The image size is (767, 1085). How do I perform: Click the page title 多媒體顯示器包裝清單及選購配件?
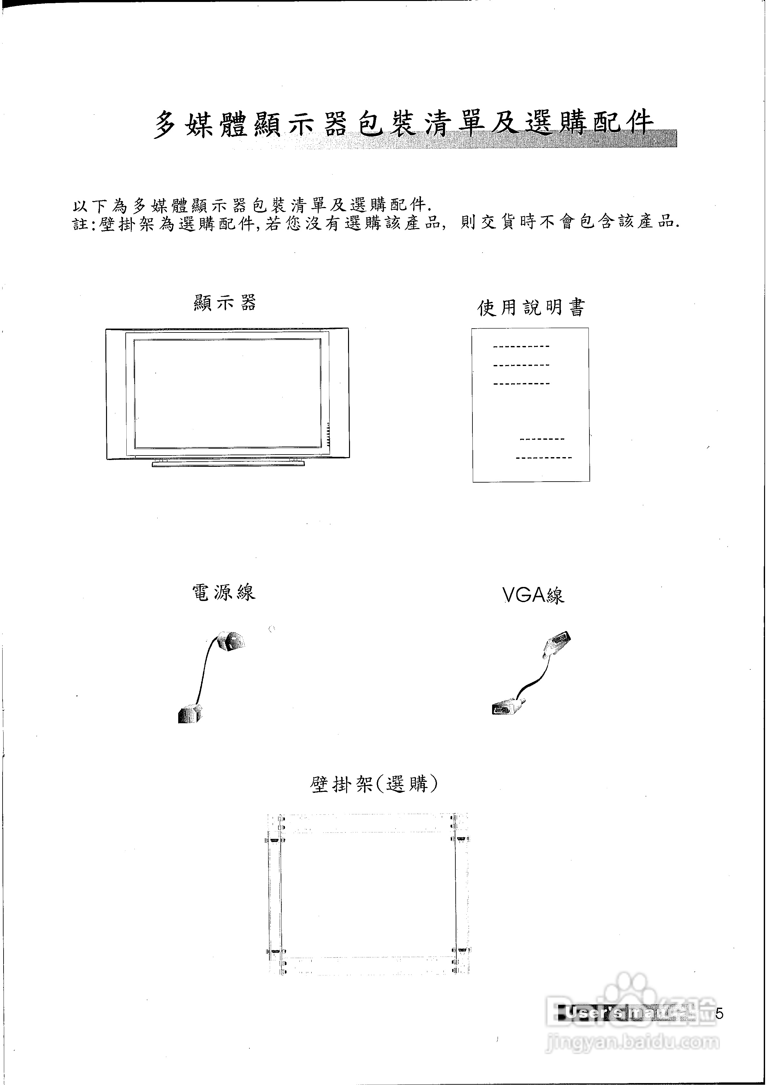(404, 124)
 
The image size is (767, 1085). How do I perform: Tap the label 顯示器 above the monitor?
(225, 303)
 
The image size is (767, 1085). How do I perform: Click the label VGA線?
(533, 595)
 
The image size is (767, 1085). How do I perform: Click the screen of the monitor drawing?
(227, 394)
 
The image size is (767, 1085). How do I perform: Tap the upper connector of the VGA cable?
(557, 642)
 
